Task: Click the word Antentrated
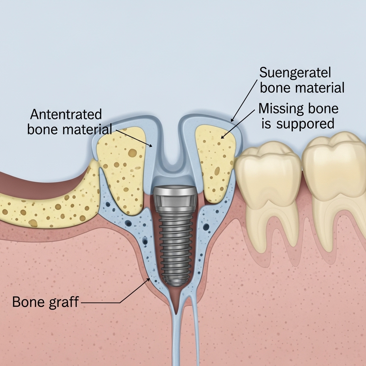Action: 66,115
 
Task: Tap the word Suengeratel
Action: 295,73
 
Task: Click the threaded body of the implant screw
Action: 174,243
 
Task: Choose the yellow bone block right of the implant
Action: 214,161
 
